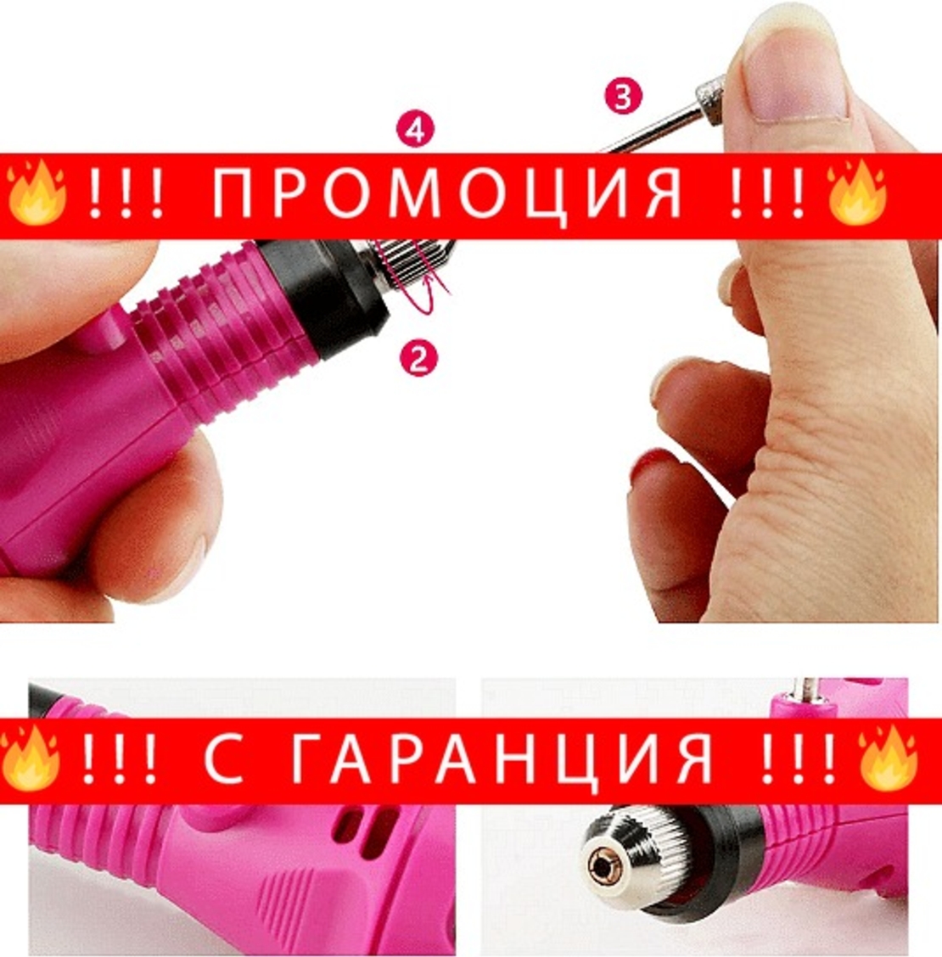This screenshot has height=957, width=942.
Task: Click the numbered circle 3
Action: [x=623, y=98]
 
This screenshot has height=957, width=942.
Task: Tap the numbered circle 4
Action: [x=415, y=132]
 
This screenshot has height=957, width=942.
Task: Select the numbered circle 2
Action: [x=418, y=359]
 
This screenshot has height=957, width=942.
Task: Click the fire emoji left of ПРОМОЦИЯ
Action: [x=36, y=193]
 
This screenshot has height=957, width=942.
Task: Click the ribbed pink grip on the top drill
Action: [x=221, y=327]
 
